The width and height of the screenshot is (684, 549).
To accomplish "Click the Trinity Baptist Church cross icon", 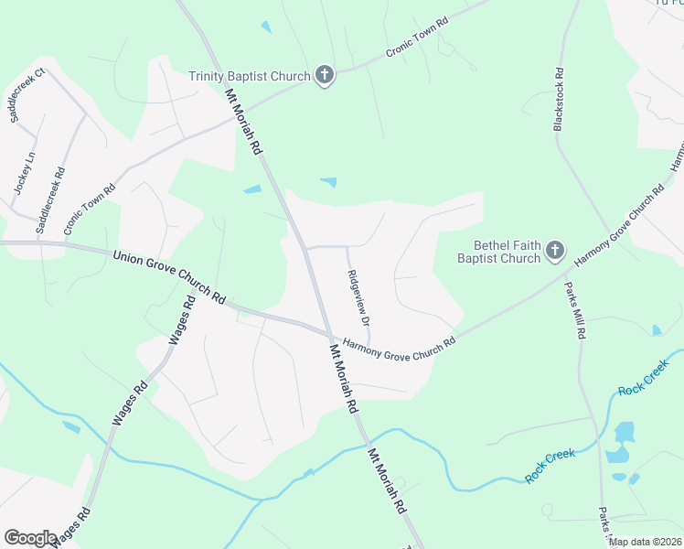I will tap(324, 76).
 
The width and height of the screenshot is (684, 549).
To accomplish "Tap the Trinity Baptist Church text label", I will tap(250, 76).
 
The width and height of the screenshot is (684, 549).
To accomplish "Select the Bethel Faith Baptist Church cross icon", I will tap(554, 250).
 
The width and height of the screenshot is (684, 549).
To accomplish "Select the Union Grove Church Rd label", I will tap(170, 276).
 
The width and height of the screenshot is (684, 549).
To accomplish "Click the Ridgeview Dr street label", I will tap(358, 298).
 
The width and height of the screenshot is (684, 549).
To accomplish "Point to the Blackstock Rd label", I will tap(559, 100).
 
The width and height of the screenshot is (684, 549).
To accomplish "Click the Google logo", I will tap(30, 538).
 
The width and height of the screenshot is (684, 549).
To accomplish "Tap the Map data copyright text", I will tap(645, 542).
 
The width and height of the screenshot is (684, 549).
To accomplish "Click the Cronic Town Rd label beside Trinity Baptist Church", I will tap(417, 36).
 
